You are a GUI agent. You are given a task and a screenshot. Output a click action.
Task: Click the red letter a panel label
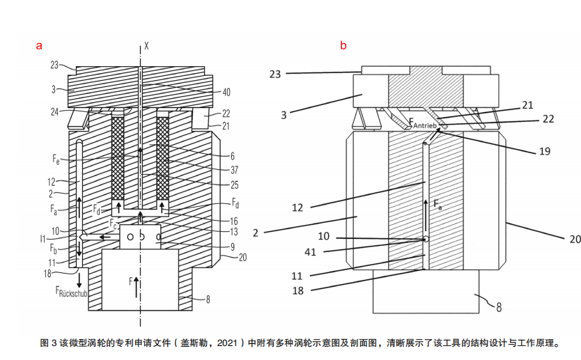tap(40, 46)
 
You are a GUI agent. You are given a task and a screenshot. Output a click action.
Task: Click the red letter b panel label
tap(343, 46)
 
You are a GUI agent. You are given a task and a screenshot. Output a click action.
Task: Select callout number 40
tap(226, 91)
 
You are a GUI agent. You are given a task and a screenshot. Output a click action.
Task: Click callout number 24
tap(54, 111)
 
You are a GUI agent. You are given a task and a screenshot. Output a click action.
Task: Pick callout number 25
tap(226, 185)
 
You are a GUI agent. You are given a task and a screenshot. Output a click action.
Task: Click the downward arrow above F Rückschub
tap(80, 279)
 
